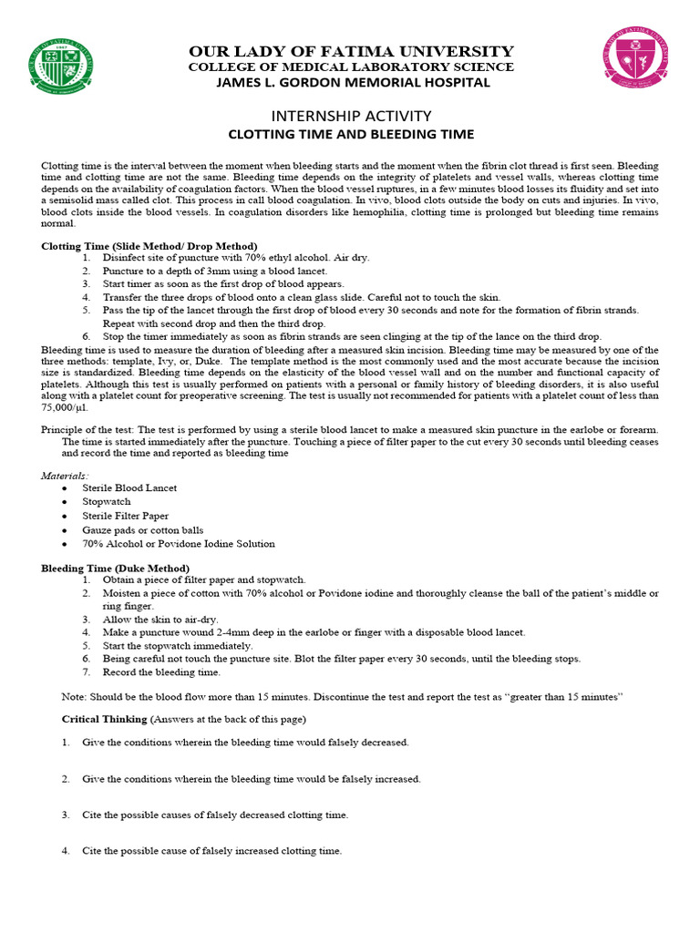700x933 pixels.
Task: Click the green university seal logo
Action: click(x=61, y=67)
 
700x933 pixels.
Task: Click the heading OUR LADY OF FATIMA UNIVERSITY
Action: click(x=350, y=51)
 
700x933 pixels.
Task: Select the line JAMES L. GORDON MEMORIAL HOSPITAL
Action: click(x=350, y=82)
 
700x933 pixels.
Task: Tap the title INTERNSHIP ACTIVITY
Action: click(x=350, y=116)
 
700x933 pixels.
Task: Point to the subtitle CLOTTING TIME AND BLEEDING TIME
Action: click(x=350, y=134)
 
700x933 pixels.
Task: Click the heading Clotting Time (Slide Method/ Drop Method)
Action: click(x=149, y=246)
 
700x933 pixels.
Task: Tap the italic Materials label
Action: click(x=65, y=475)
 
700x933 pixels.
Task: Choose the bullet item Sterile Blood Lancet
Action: click(x=129, y=487)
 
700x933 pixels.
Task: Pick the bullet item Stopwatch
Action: click(x=107, y=501)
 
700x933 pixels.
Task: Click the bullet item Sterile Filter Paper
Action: click(x=126, y=516)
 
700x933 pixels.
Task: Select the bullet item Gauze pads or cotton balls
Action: click(x=143, y=529)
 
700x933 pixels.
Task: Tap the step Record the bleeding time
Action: click(x=161, y=672)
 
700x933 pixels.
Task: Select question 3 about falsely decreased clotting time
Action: click(x=215, y=815)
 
